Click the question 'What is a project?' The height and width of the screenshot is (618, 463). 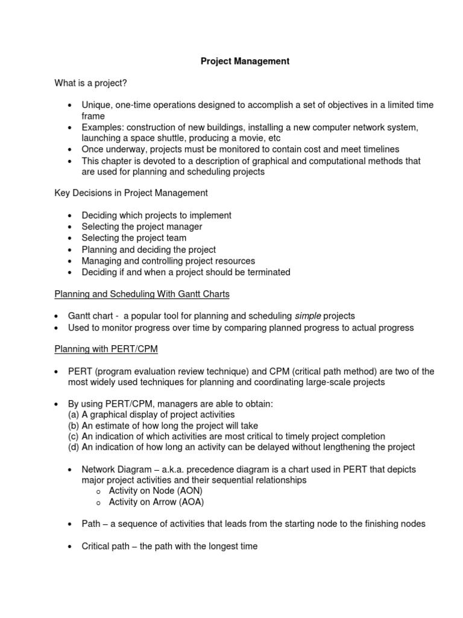pyautogui.click(x=90, y=83)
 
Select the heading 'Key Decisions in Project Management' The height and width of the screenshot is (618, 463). pyautogui.click(x=131, y=193)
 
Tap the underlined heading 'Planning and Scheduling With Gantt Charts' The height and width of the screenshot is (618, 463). pyautogui.click(x=142, y=294)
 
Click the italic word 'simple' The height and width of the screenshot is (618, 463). pyautogui.click(x=307, y=316)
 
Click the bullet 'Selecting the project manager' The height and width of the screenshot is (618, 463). pyautogui.click(x=142, y=227)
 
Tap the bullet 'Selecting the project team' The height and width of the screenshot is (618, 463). pyautogui.click(x=134, y=238)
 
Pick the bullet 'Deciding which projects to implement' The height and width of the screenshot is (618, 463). pyautogui.click(x=156, y=215)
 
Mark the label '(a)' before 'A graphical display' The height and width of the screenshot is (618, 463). pyautogui.click(x=74, y=415)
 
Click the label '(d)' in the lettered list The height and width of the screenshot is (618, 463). pyautogui.click(x=74, y=447)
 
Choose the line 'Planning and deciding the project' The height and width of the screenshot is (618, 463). pyautogui.click(x=148, y=249)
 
